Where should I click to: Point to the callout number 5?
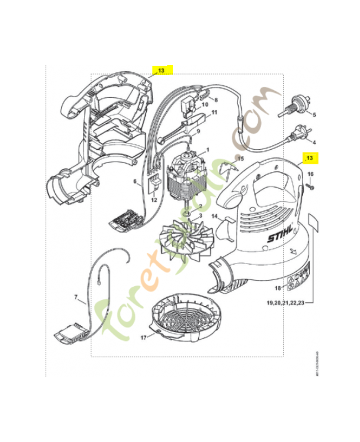[314, 115]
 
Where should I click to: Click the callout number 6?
[134, 181]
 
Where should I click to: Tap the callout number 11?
[214, 113]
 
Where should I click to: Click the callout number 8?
[216, 100]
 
